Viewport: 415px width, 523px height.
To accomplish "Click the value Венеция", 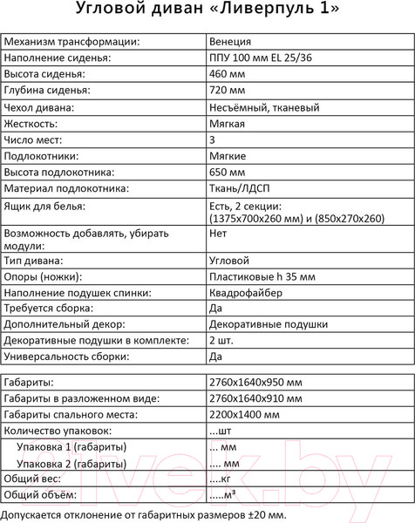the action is coord(231,41).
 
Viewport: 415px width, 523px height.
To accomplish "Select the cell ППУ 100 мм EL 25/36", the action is coord(262,58).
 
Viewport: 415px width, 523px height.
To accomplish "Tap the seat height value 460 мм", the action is coord(228,74).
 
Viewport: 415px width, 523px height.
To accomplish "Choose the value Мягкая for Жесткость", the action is coord(228,124).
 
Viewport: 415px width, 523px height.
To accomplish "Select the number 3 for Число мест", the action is coord(213,139).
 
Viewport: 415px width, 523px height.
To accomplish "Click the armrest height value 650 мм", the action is coord(228,173).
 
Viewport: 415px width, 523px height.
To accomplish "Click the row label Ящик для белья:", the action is coord(44,206).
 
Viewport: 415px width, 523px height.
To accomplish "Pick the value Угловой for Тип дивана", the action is coord(229,261).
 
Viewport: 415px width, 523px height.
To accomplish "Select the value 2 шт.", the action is coord(221,341).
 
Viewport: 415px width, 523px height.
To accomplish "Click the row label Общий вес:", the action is coord(36,479).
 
